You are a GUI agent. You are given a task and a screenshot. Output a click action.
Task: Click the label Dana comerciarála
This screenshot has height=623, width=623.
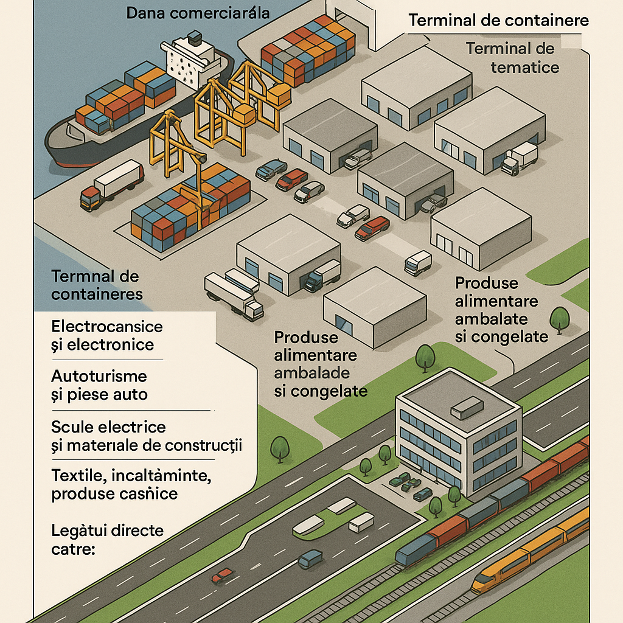click(x=198, y=12)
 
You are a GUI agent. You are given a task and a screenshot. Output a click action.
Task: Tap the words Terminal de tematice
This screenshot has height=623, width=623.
click(x=512, y=57)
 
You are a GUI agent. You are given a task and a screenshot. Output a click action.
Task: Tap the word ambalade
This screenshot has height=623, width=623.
click(x=311, y=373)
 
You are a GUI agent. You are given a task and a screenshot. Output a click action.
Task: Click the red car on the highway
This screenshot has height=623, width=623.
click(x=222, y=575)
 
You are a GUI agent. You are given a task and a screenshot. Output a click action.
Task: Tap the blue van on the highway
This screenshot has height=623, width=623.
click(x=310, y=558)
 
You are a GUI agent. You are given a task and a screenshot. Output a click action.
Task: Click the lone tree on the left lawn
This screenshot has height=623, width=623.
click(x=280, y=449)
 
